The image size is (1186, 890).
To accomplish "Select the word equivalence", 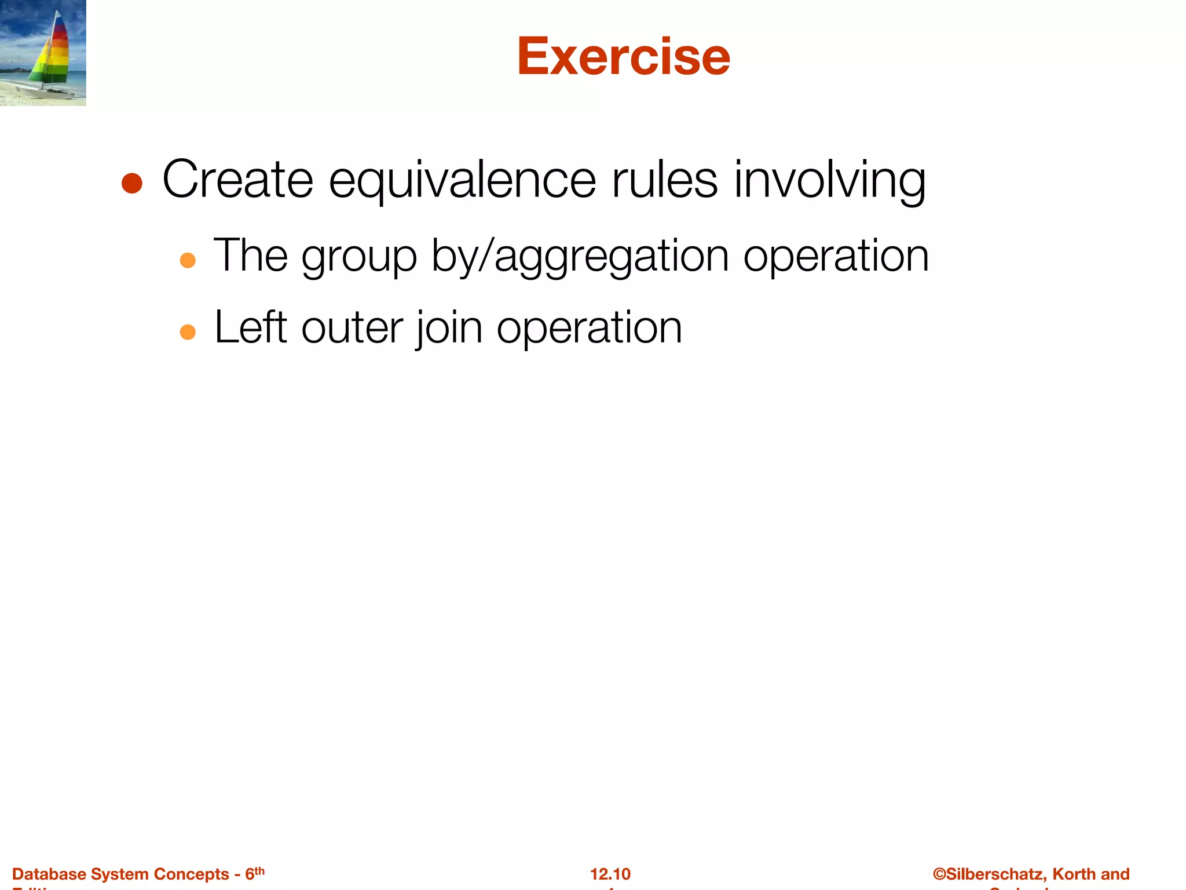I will pos(462,181).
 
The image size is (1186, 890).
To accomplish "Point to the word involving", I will pos(830,181).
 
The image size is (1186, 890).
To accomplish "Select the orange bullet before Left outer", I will pos(188,332).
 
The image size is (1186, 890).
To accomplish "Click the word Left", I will pos(251,327).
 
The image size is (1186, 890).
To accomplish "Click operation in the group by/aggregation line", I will pos(836,256).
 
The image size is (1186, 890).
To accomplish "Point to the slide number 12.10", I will pos(610,874).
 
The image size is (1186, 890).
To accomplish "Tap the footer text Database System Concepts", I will pos(120,874).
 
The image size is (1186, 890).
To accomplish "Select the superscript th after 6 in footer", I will pos(259,870).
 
